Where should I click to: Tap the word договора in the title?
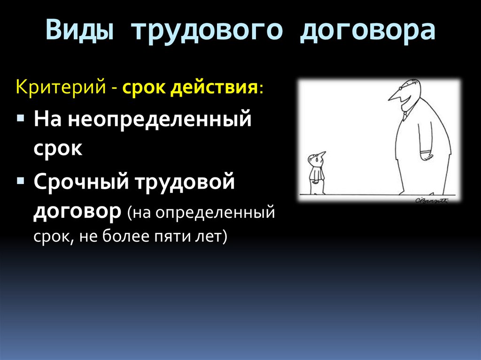point(368,31)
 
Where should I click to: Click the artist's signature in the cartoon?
point(431,200)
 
